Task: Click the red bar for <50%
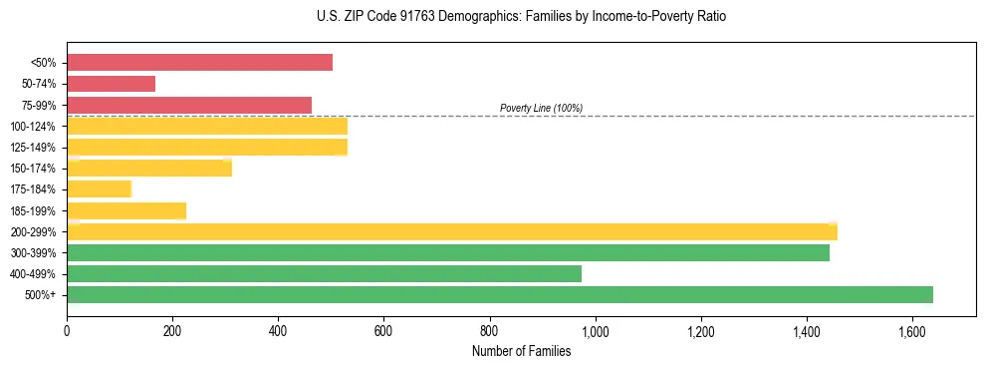pos(199,63)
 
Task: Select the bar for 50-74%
pos(111,84)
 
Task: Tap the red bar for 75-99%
pos(189,105)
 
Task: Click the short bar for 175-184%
pos(99,188)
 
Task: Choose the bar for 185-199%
pos(126,210)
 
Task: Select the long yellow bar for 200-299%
pos(452,231)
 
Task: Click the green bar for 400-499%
pos(324,273)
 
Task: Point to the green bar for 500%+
pos(500,294)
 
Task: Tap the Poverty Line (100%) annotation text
pos(541,108)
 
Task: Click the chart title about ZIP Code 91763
pos(492,17)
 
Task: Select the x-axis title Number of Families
pos(521,351)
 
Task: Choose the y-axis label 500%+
pos(41,295)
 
